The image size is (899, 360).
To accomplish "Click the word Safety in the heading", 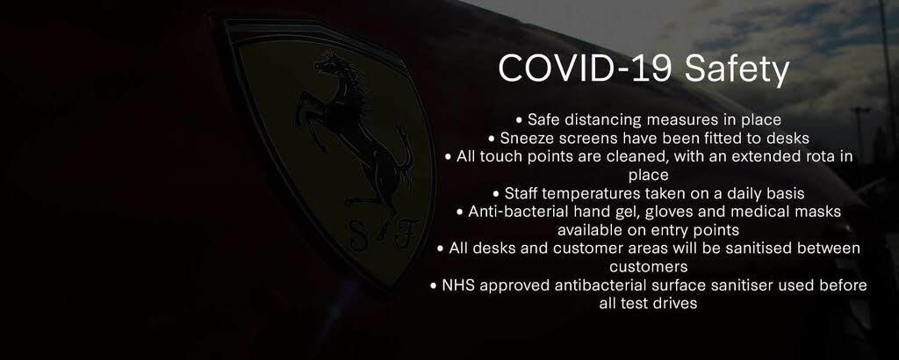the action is tap(737, 70).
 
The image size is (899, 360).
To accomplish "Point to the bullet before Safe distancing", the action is tap(520, 121).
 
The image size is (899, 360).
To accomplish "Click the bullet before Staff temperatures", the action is tap(496, 194).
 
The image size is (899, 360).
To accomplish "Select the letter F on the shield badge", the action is tap(403, 232).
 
